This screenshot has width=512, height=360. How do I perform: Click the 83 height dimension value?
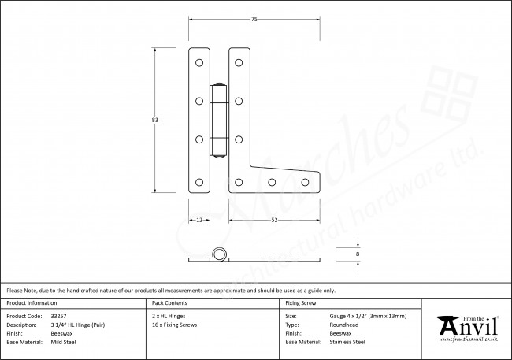tap(155, 120)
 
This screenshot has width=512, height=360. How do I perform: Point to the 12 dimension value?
tap(199, 220)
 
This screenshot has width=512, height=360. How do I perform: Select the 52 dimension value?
tap(274, 220)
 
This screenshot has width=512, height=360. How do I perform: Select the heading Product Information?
tap(31, 302)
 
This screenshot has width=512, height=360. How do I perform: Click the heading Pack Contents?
tap(169, 302)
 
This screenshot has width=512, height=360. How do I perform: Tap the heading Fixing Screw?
tap(301, 302)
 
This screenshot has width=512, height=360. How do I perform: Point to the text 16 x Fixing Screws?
tap(175, 325)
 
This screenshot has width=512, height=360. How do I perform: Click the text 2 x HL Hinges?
tap(168, 315)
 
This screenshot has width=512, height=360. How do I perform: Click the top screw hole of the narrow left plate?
tap(199, 61)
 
